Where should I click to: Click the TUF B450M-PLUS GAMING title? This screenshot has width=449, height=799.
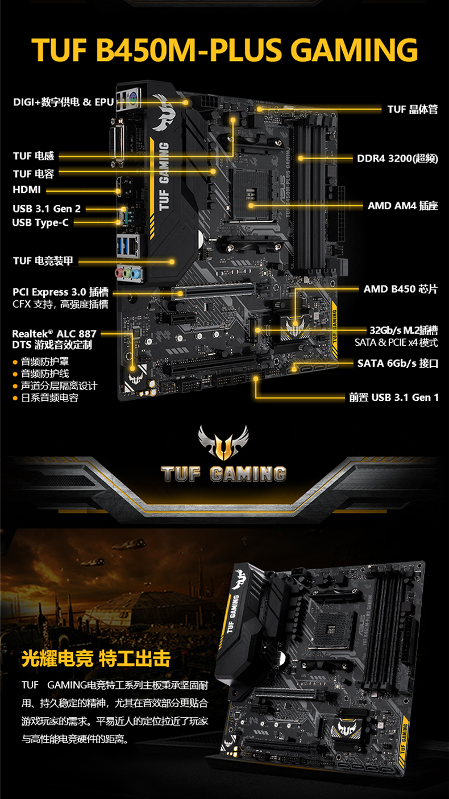224,49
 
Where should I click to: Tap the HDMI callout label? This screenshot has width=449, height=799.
27,189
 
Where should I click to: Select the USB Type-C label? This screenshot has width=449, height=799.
40,222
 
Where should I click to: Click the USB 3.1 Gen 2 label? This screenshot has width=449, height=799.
47,208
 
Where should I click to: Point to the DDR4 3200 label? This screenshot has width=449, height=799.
397,158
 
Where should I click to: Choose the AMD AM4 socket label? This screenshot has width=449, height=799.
402,205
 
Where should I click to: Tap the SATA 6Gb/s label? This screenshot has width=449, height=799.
398,363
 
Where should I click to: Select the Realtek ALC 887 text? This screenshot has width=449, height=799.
54,333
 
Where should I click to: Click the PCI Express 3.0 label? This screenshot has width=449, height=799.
61,292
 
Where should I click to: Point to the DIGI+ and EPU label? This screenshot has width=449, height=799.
64,102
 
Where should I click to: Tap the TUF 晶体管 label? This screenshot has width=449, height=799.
413,109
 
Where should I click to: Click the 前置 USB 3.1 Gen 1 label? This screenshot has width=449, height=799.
394,398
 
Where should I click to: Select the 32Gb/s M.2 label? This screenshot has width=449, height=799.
404,330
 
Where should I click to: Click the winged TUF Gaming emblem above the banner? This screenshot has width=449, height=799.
223,442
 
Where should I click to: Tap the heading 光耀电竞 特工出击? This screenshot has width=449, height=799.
96,659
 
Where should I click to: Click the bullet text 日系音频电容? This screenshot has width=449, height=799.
49,398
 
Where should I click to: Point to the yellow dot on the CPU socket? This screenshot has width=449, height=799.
251,205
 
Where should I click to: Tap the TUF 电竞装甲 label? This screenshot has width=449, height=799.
43,261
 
